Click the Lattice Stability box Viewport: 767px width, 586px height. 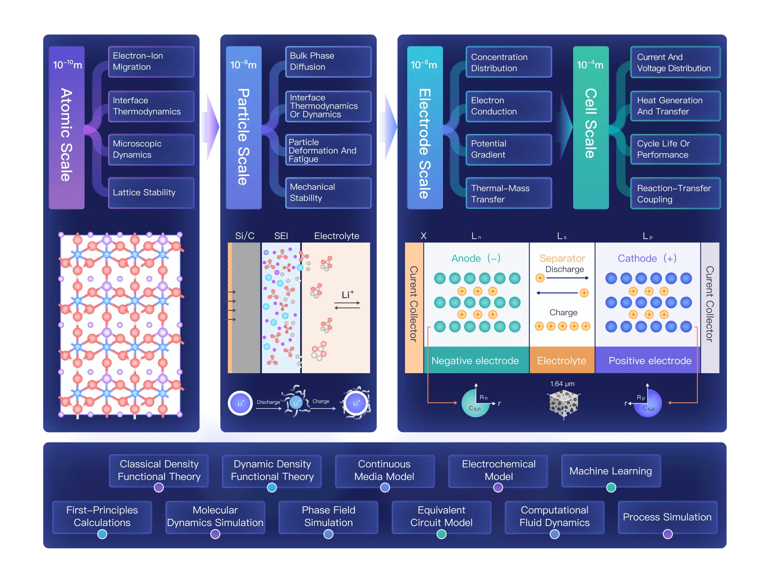point(151,193)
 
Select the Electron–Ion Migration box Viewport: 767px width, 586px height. point(151,61)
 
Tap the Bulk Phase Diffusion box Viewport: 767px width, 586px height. point(328,61)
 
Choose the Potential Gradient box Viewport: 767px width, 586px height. point(509,149)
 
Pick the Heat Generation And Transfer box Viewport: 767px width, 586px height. point(675,106)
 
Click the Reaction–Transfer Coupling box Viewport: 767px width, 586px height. point(675,194)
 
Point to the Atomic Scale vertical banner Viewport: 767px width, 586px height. point(67,128)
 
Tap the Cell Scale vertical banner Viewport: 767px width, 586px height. point(591,128)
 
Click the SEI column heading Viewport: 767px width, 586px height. point(281,236)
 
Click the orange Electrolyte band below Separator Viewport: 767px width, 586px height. point(562,361)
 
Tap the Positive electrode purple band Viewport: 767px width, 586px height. point(650,361)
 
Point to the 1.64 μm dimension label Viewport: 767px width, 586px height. point(562,384)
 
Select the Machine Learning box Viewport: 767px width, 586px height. point(611,471)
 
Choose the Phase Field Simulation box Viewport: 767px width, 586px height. point(328,517)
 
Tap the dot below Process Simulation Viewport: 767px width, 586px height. point(667,534)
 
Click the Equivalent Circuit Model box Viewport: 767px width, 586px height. point(441,517)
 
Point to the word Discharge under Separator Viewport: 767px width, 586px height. point(564,269)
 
